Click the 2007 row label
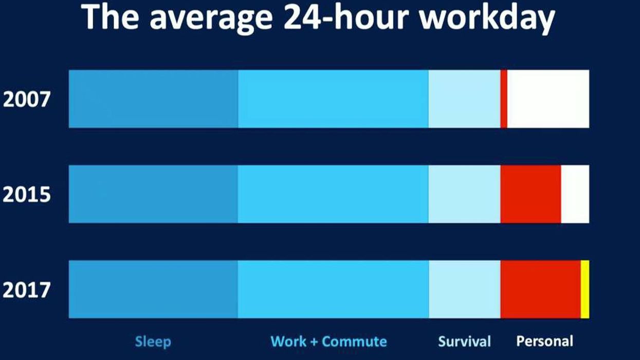pyautogui.click(x=27, y=99)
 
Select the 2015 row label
pyautogui.click(x=27, y=194)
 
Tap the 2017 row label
pyautogui.click(x=27, y=290)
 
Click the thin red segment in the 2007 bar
pyautogui.click(x=504, y=99)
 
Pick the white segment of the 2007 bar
pyautogui.click(x=548, y=99)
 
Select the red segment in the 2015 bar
pyautogui.click(x=531, y=194)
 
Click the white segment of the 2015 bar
pyautogui.click(x=575, y=194)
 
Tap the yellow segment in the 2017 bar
pyautogui.click(x=585, y=290)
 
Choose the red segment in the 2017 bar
pyautogui.click(x=540, y=290)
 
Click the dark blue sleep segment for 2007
pyautogui.click(x=153, y=99)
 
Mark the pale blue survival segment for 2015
pyautogui.click(x=464, y=194)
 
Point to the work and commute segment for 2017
pyautogui.click(x=333, y=290)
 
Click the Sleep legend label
pyautogui.click(x=153, y=341)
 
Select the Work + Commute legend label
pyautogui.click(x=328, y=341)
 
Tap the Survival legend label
pyautogui.click(x=465, y=341)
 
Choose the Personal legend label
pyautogui.click(x=544, y=341)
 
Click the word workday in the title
pyautogui.click(x=487, y=18)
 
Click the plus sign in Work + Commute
pyautogui.click(x=314, y=341)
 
